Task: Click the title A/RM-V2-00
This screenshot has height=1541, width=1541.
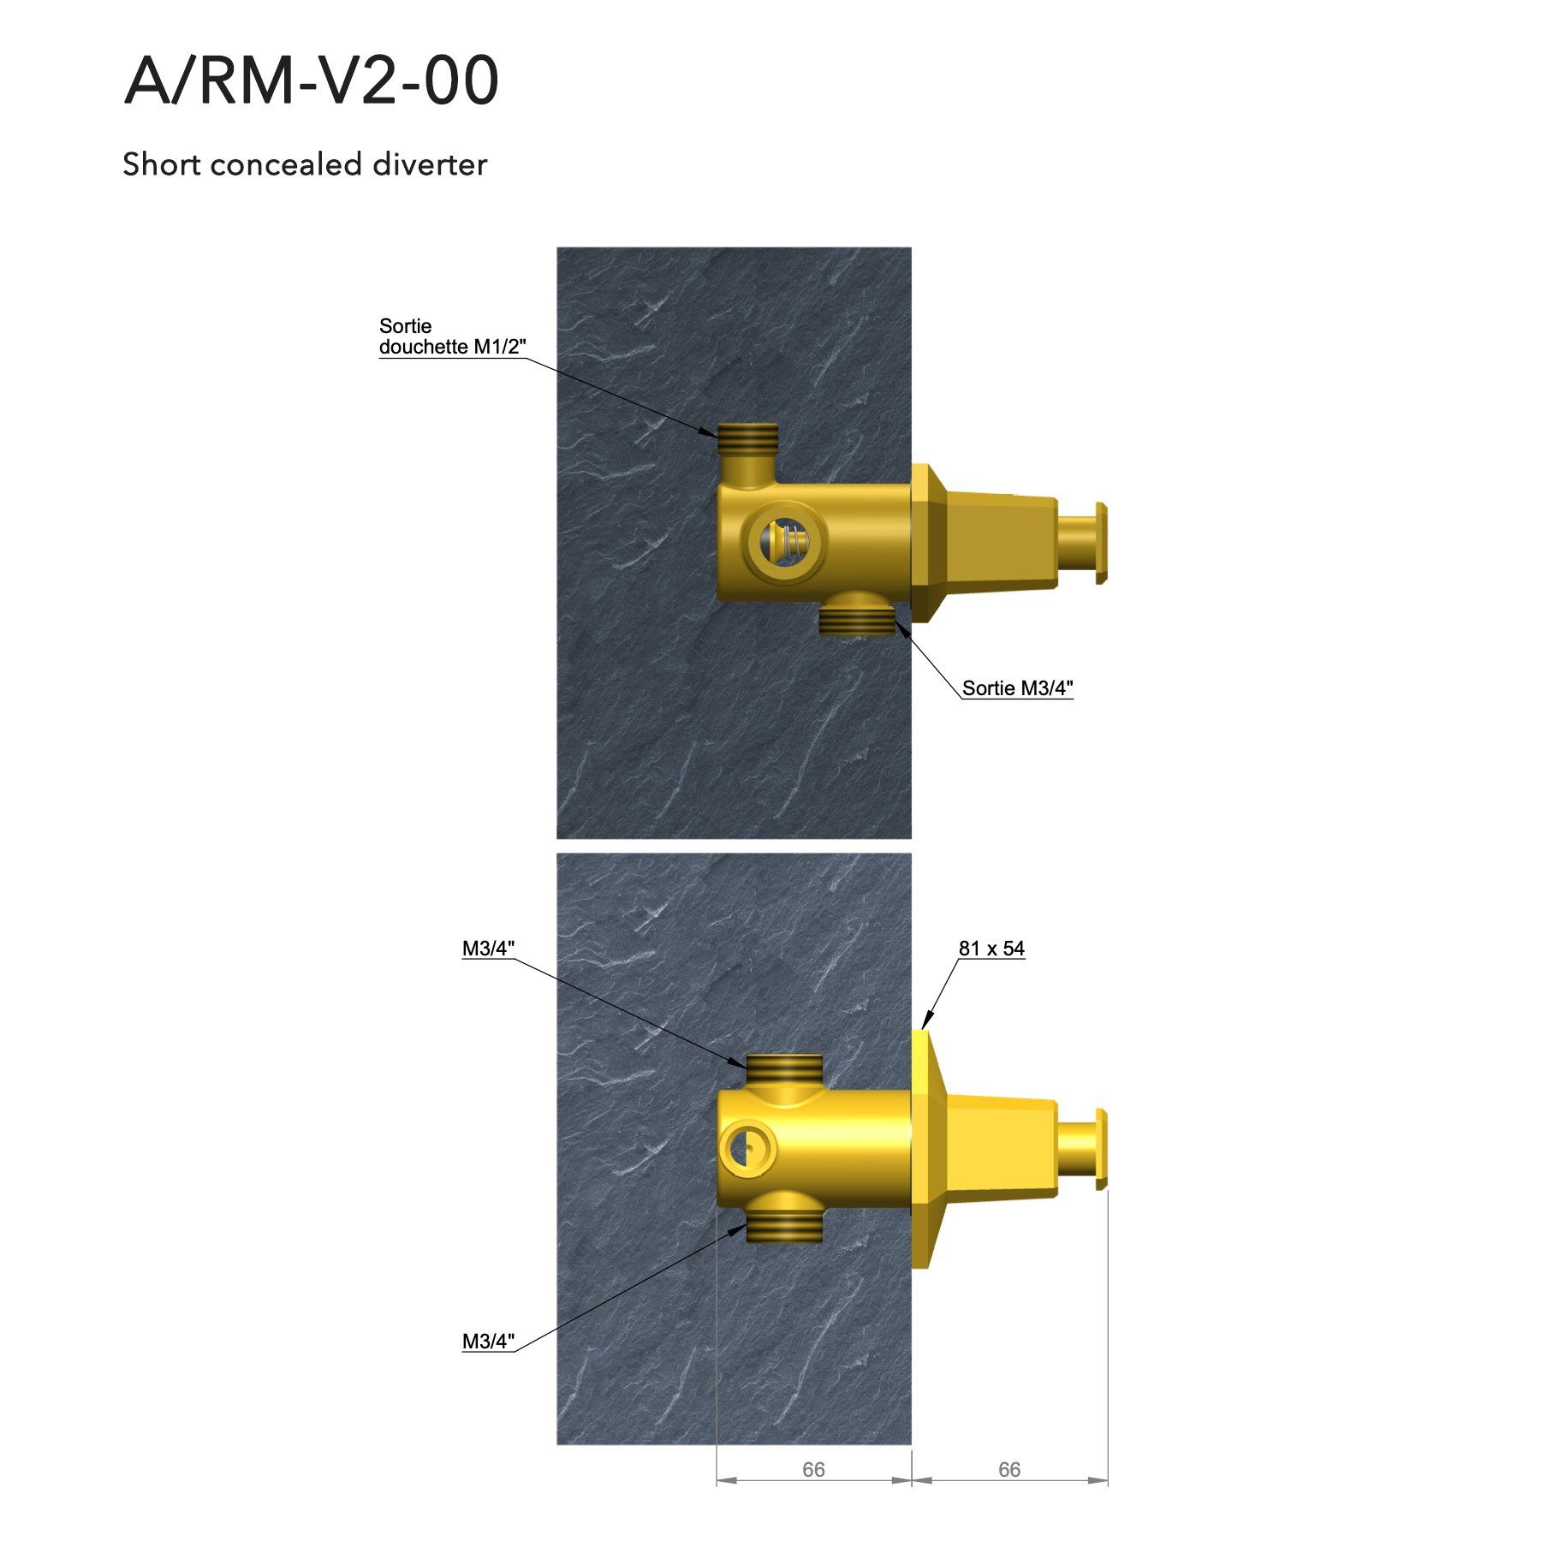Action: click(312, 80)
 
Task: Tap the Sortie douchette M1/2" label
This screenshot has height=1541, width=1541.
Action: click(451, 336)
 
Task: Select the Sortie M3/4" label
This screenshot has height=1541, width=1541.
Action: click(1017, 688)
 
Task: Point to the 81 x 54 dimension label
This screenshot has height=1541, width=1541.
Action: click(991, 949)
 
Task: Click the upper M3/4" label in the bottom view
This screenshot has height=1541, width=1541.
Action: click(488, 949)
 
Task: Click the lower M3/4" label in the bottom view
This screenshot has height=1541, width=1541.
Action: click(488, 1342)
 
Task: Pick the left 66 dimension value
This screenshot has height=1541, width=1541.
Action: click(813, 1470)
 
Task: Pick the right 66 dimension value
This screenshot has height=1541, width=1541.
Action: click(1009, 1470)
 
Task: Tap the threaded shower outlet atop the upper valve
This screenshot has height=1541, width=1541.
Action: click(748, 438)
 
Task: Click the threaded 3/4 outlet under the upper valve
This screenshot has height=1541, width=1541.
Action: click(856, 620)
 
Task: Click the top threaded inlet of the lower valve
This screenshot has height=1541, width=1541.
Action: click(784, 1068)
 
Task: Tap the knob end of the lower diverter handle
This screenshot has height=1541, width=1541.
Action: click(1101, 1149)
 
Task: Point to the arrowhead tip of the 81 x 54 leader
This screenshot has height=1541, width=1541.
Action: click(923, 1026)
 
